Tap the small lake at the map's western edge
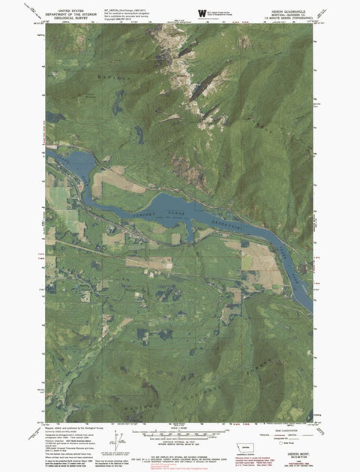click(x=51, y=118)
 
